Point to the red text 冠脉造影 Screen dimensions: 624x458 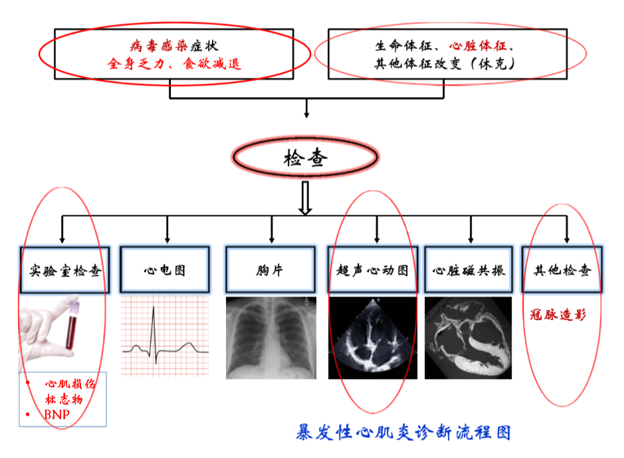(558, 314)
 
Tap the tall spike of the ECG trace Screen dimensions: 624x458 (154, 330)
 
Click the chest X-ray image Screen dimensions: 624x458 (271, 338)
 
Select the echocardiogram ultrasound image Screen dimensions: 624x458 (373, 338)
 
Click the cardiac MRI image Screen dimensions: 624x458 (468, 338)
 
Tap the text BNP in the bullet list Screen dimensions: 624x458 (57, 415)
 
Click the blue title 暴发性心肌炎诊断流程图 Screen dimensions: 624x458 (403, 433)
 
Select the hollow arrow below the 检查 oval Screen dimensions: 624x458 (305, 198)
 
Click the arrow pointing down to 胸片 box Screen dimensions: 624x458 (272, 229)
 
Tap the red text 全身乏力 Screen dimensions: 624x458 (136, 64)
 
